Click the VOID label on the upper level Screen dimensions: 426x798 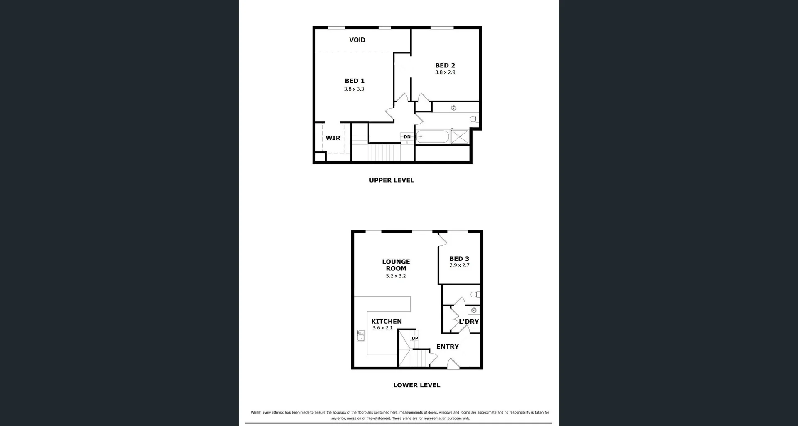[357, 40]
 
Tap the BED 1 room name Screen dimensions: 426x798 [354, 81]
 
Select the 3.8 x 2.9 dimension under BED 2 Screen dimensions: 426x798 [445, 72]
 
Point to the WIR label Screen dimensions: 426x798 [333, 138]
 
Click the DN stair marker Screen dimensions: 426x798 [407, 137]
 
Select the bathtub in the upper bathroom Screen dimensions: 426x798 [432, 137]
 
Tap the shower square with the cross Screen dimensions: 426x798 [460, 137]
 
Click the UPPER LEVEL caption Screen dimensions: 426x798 [392, 180]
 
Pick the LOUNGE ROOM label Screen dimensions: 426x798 [396, 265]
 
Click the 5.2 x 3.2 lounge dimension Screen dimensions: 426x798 [396, 276]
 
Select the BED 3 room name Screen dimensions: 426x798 [459, 259]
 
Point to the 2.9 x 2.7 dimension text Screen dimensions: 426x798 [459, 265]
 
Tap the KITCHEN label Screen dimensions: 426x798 [387, 321]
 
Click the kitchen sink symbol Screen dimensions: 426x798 [360, 335]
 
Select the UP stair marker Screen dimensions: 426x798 [415, 338]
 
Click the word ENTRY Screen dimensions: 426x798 [448, 347]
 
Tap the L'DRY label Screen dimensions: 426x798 [469, 322]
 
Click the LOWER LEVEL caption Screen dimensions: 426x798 [416, 385]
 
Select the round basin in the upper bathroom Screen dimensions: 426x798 [454, 108]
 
